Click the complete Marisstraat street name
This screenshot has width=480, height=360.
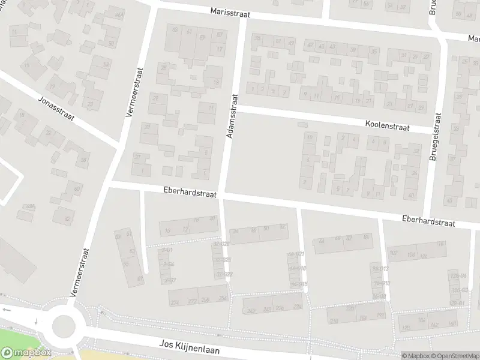click(230, 11)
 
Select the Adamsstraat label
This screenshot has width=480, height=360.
click(233, 116)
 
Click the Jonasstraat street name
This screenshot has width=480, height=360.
click(56, 108)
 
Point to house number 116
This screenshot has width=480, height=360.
click(440, 244)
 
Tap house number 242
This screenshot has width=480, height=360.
click(251, 310)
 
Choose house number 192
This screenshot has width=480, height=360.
click(380, 314)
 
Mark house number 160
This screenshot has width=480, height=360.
click(421, 320)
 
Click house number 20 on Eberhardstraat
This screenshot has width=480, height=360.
click(212, 219)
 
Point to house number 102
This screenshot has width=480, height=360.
click(394, 253)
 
